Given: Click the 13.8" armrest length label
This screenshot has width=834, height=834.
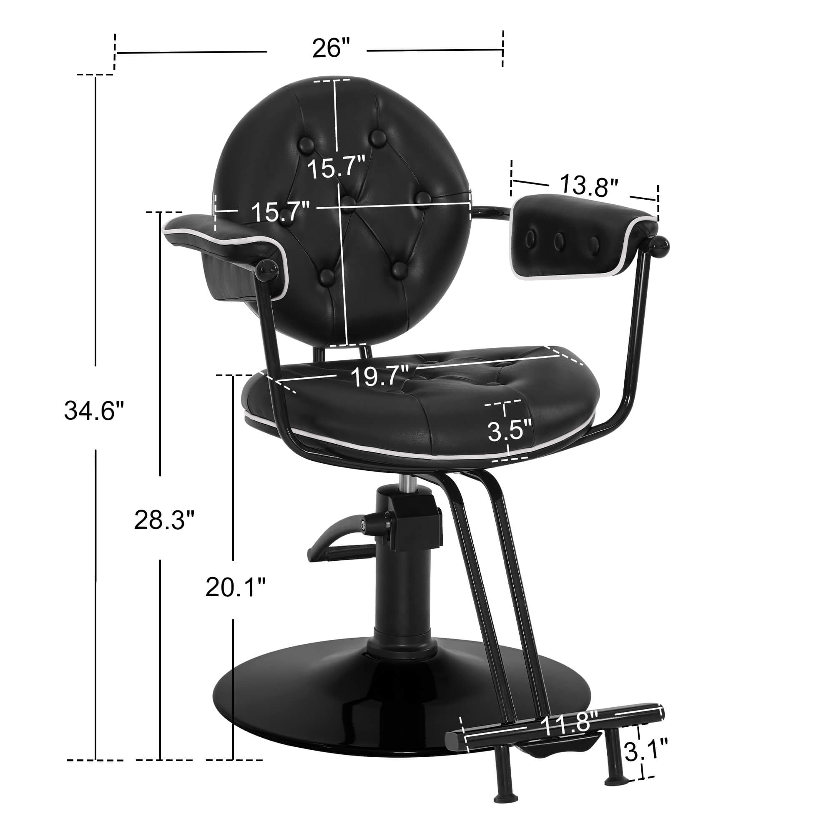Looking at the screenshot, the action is coord(589,186).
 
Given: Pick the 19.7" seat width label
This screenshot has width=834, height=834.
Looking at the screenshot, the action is coord(380,376).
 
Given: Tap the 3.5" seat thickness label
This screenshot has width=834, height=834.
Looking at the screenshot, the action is coord(510,432).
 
